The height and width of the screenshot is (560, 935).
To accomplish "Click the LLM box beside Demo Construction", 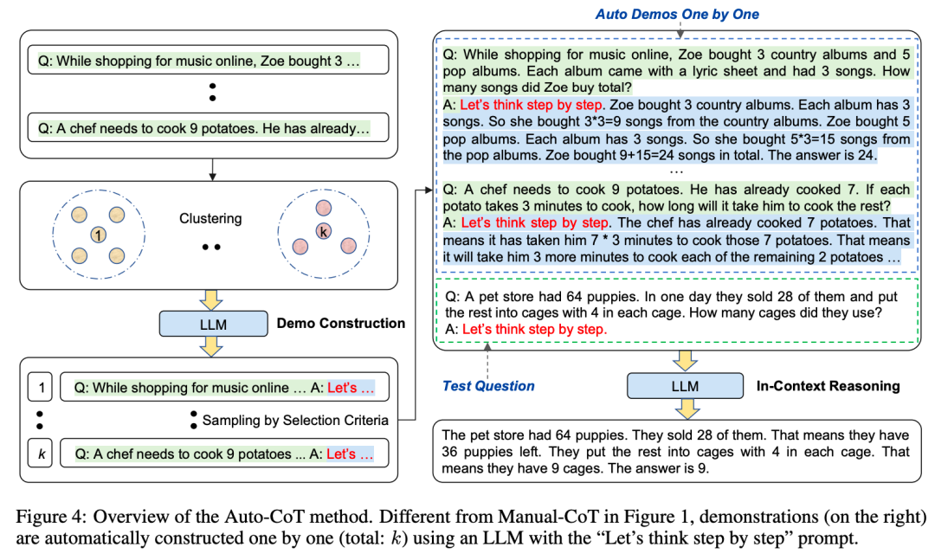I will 213,323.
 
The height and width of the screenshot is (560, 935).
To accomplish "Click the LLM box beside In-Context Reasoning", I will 685,386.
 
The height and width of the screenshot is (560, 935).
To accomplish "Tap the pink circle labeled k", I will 323,231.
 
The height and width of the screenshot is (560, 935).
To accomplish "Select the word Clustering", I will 210,219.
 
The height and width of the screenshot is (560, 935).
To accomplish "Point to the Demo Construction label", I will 340,323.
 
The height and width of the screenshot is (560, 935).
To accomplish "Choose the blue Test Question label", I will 488,386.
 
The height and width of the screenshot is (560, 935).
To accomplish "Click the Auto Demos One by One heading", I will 677,14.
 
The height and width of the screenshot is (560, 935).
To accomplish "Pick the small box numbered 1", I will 40,389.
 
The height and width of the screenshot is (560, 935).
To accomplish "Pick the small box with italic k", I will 40,453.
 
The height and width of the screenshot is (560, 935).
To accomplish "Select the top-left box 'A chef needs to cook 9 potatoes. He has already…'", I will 209,129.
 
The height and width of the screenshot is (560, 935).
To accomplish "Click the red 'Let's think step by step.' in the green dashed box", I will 534,329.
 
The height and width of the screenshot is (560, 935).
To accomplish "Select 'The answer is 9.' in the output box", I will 658,469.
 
